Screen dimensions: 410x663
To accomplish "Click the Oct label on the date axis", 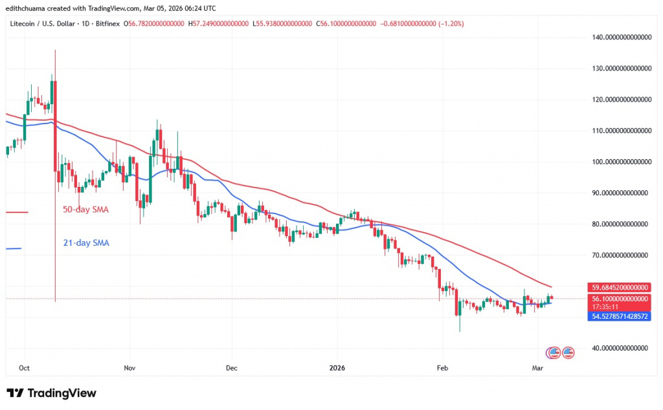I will [x=24, y=367].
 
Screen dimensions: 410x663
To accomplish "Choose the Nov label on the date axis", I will [x=129, y=367].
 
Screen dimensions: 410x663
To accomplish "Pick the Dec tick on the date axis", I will [x=231, y=367].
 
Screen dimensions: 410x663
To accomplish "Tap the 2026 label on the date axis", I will [x=337, y=367].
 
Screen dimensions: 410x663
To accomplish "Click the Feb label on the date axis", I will [x=443, y=367].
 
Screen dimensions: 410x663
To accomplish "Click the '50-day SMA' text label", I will [x=85, y=210].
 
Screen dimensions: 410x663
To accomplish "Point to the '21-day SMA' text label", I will [x=85, y=243].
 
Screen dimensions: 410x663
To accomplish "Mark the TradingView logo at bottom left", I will [x=51, y=393].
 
